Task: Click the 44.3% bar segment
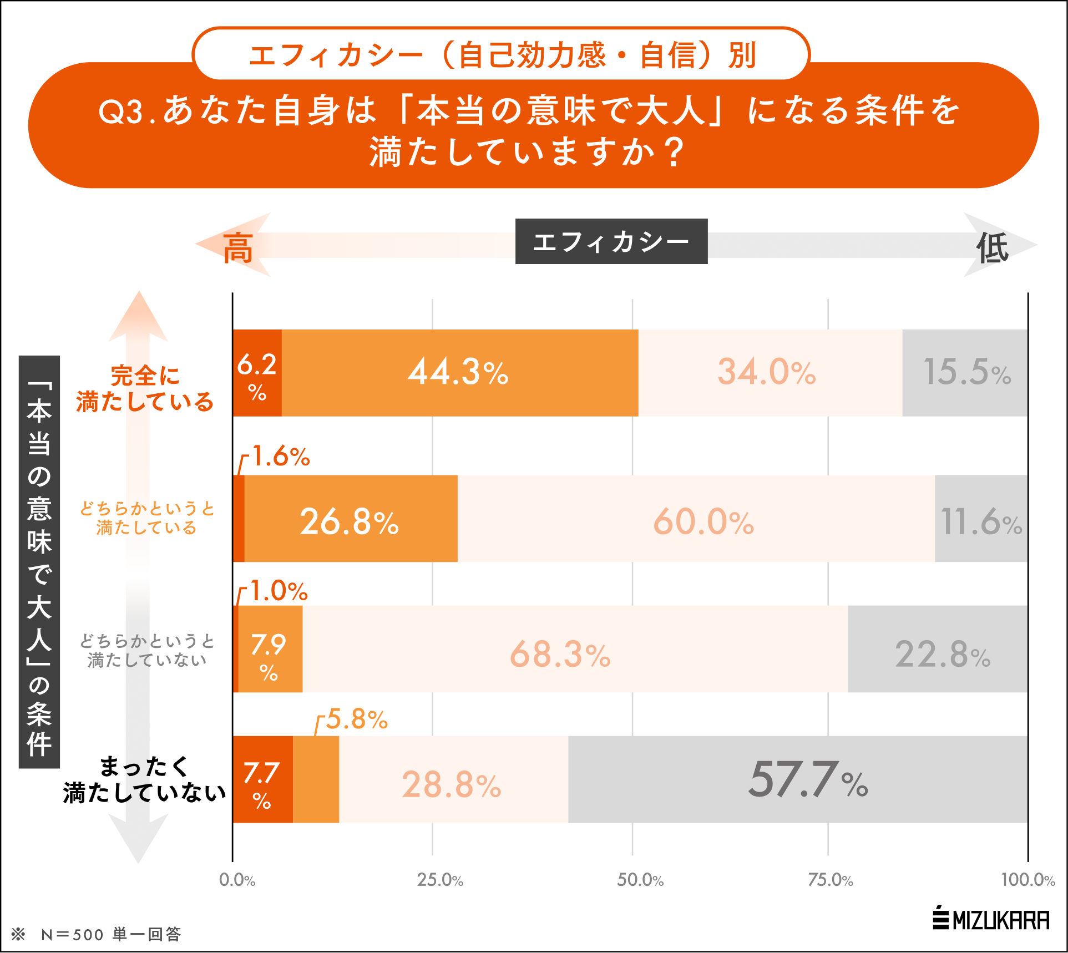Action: (x=459, y=373)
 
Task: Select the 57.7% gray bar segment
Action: (x=798, y=779)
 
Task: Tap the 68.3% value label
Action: (x=560, y=654)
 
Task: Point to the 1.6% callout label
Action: (x=281, y=457)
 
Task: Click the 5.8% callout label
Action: (x=356, y=719)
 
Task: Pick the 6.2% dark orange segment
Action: (x=257, y=373)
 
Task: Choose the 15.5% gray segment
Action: (x=965, y=373)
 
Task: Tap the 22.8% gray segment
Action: (x=938, y=649)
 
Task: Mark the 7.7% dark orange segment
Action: (x=262, y=779)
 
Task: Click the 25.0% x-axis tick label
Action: (x=439, y=880)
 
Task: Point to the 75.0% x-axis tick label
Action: (x=830, y=880)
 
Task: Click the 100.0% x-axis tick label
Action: (x=1027, y=880)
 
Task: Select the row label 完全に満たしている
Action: (x=145, y=389)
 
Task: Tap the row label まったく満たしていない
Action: (x=145, y=779)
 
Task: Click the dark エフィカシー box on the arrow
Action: (x=611, y=241)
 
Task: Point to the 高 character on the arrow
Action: (x=238, y=248)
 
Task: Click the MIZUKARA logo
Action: (x=991, y=919)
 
